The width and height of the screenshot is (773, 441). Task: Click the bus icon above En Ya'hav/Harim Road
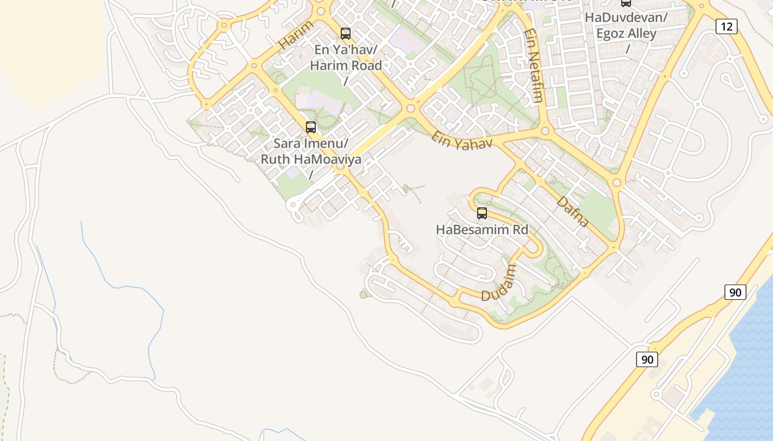click(x=346, y=34)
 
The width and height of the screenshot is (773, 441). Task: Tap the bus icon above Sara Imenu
click(x=311, y=127)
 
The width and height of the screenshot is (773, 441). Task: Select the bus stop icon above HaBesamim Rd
click(x=482, y=213)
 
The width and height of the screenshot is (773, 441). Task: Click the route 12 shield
click(x=727, y=26)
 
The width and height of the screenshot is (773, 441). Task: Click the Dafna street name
click(x=573, y=211)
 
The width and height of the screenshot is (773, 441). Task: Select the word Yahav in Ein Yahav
click(x=474, y=143)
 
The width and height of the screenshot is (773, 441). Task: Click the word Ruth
click(x=274, y=160)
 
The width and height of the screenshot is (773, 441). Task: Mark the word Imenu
click(x=326, y=144)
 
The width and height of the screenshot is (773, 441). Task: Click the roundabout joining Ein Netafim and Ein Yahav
click(x=546, y=131)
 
